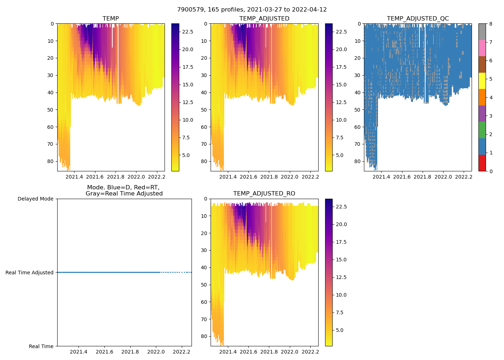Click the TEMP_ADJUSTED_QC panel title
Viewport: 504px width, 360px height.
click(418, 19)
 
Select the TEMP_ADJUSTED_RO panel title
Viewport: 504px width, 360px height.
click(264, 194)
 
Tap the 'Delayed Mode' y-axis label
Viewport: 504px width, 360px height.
click(35, 199)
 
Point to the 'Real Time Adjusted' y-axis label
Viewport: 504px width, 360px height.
click(30, 273)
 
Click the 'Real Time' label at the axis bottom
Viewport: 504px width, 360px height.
click(41, 346)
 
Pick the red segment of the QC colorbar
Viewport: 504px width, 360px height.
click(482, 163)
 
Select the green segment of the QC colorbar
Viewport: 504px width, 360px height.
click(482, 130)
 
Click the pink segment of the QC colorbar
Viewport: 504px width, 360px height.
click(482, 48)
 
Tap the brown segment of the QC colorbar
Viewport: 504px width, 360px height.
click(482, 64)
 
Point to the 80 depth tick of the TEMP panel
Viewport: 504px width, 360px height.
click(51, 161)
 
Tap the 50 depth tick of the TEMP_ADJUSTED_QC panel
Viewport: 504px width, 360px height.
click(357, 110)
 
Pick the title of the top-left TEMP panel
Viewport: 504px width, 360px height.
click(111, 19)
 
